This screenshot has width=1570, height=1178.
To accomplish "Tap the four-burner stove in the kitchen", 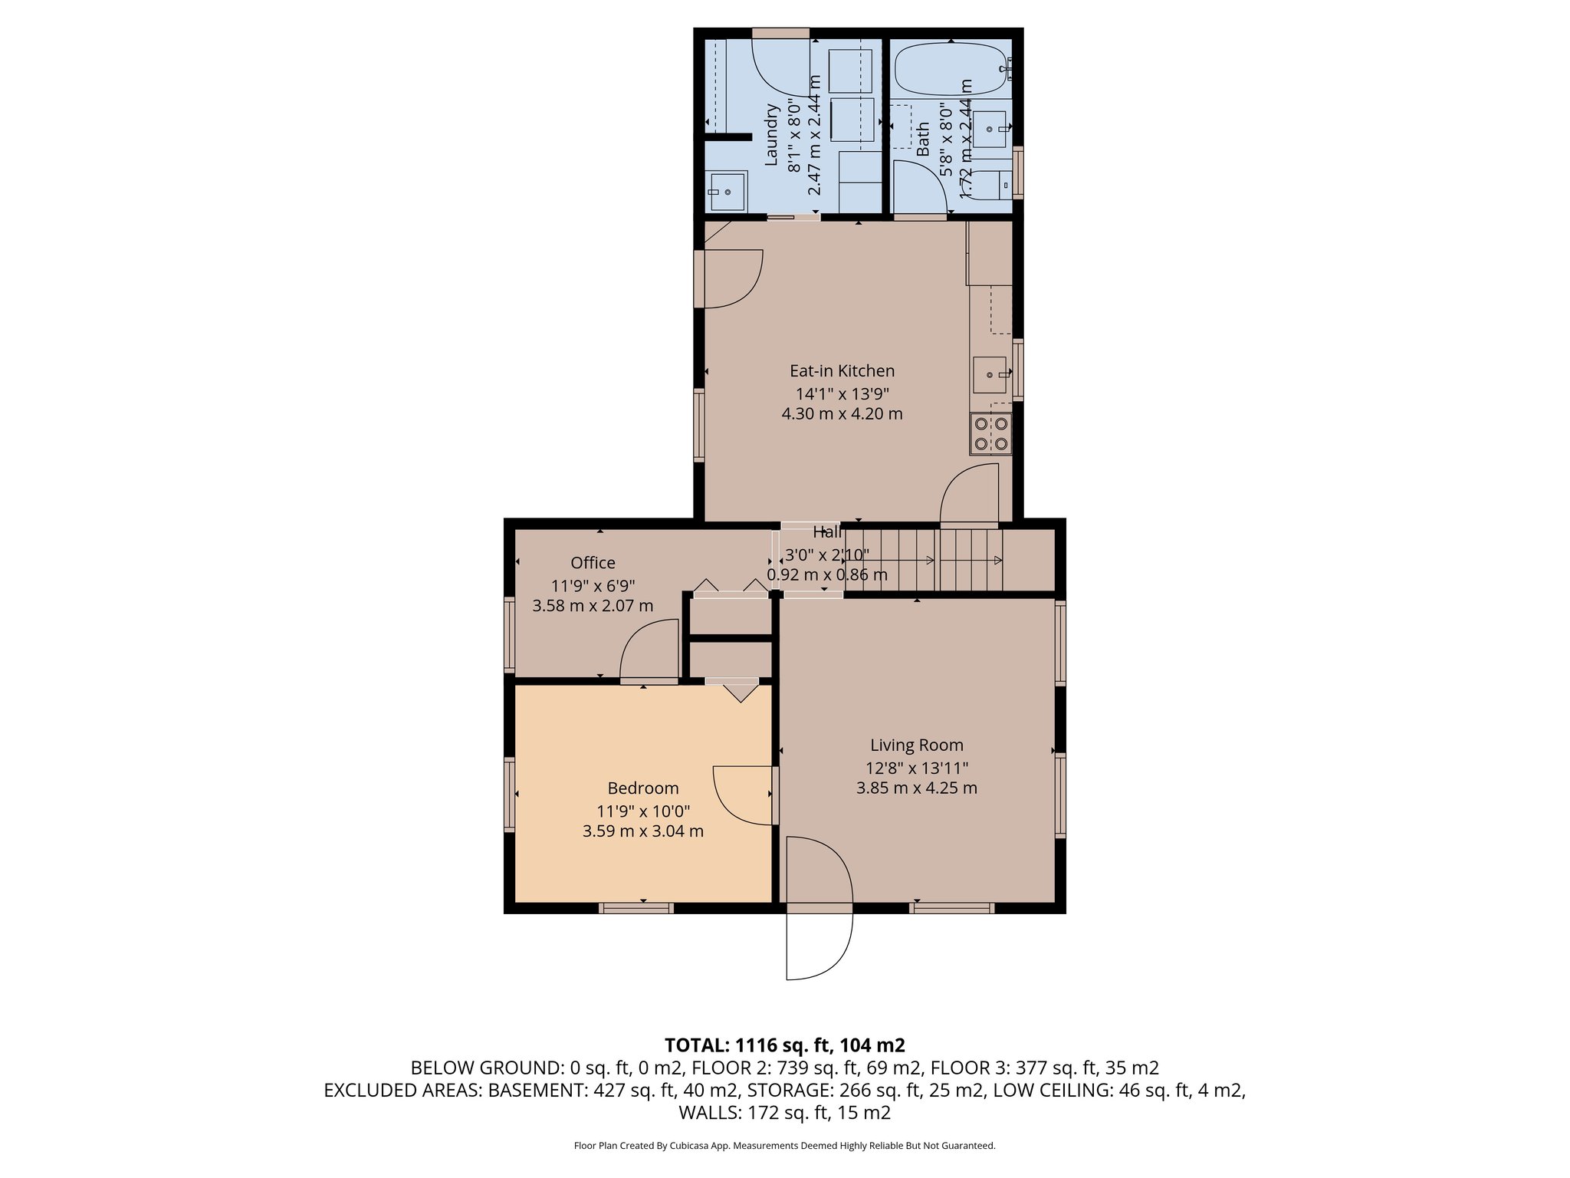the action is point(990,433).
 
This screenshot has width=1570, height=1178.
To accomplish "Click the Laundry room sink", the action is point(727,191).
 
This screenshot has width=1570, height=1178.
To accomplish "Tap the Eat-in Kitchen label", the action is point(842,371).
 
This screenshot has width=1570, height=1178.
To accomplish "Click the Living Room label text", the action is point(917,745).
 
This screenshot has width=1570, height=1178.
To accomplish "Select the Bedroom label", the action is point(643,788).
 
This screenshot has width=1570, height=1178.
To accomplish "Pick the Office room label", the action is point(593,563).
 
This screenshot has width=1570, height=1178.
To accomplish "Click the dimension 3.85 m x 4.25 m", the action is point(917,788).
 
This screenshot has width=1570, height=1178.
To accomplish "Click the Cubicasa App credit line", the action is point(785,1146).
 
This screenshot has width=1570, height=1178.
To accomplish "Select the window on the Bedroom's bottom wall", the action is point(636,908).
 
